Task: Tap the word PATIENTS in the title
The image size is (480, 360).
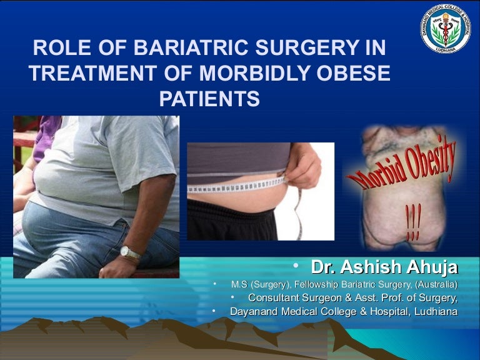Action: [x=209, y=99]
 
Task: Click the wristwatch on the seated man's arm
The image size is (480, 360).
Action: [x=130, y=253]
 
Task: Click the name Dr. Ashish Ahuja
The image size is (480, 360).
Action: [x=384, y=267]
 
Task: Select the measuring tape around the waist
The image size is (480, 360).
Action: [x=237, y=186]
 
